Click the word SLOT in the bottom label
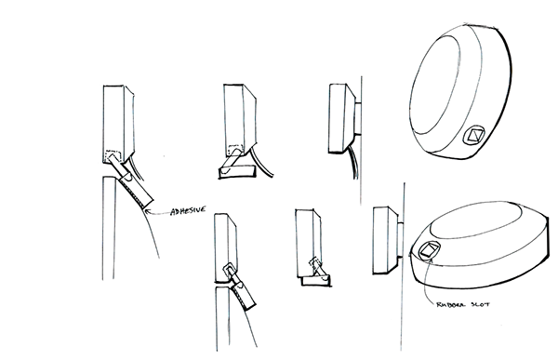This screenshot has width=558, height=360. pos(478,303)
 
